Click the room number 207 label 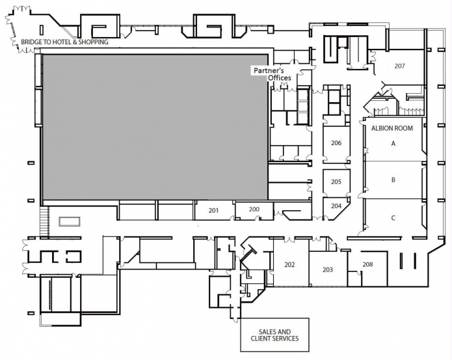tap(399, 66)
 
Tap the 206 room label tap(336, 143)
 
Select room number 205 tap(336, 182)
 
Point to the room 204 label tap(336, 205)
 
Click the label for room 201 tap(213, 210)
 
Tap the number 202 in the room tap(289, 264)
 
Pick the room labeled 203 tap(327, 270)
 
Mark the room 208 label tap(367, 264)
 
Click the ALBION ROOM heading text tap(392, 128)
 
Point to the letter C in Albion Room tap(393, 218)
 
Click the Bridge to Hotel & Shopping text tap(64, 42)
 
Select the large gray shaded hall tap(155, 127)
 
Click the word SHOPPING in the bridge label tap(92, 42)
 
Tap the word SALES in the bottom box tap(265, 331)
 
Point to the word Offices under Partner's tap(280, 78)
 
